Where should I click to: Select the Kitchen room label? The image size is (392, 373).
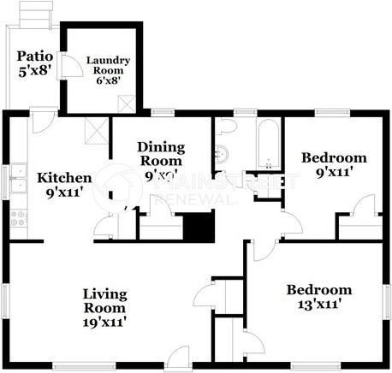coord(63,178)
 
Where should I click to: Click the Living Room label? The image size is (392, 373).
coord(104,301)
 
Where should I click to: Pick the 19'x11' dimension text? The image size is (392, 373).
coord(104,323)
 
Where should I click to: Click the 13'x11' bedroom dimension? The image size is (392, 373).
coord(318,303)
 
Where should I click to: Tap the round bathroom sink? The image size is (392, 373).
coord(222,155)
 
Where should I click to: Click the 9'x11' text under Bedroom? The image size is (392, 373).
coord(333,171)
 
